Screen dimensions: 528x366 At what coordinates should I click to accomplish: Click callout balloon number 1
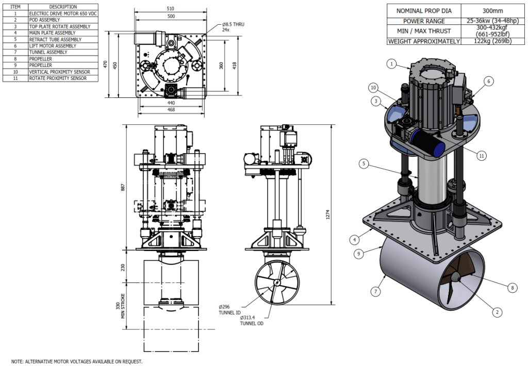point(391,63)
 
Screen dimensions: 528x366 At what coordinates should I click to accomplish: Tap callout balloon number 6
point(489,81)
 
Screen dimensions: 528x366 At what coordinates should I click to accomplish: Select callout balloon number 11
point(482,156)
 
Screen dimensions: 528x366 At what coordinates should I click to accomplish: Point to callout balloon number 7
point(376,291)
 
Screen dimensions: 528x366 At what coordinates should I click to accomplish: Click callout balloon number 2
point(498,312)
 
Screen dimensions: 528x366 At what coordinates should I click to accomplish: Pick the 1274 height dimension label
point(327,214)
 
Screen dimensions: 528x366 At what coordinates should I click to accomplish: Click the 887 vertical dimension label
point(123,188)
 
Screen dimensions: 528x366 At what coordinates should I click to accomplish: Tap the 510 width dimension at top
point(171,9)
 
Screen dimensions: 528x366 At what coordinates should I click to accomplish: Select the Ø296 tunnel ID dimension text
point(229,310)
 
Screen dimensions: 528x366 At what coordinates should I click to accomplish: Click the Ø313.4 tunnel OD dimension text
point(252,321)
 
